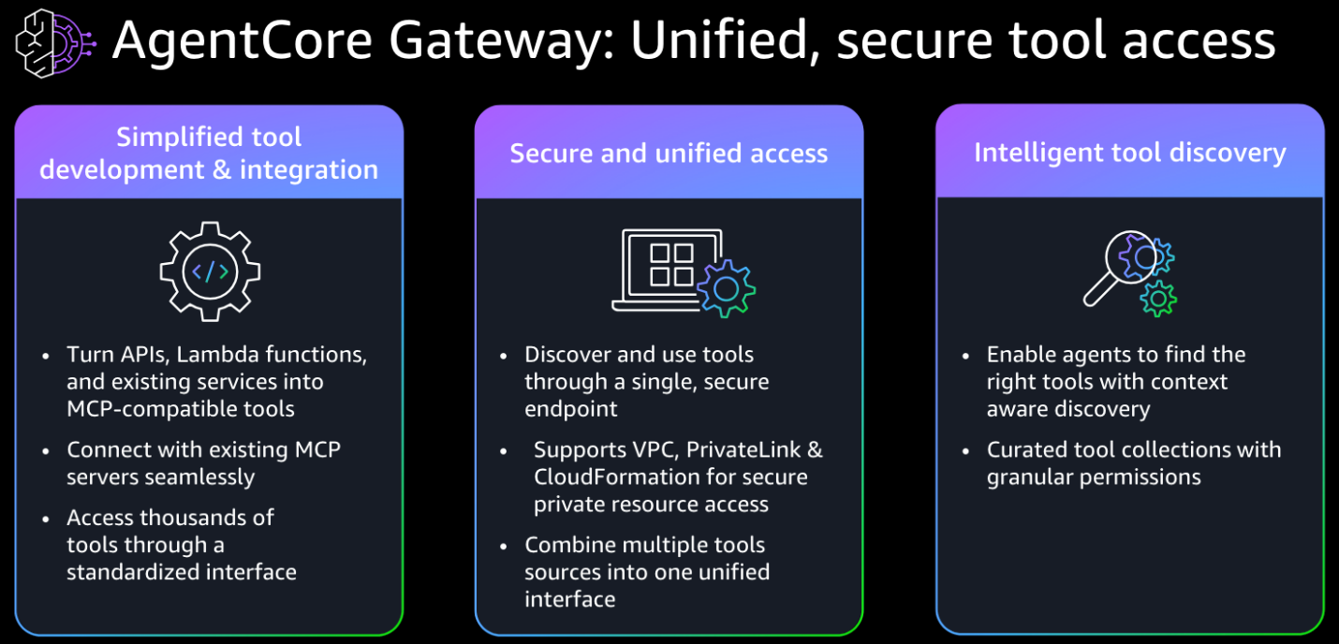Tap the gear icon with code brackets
210,271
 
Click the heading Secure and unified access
669,154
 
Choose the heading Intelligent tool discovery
1129,153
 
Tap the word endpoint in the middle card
570,409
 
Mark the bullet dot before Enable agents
966,357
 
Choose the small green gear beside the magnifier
1158,298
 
